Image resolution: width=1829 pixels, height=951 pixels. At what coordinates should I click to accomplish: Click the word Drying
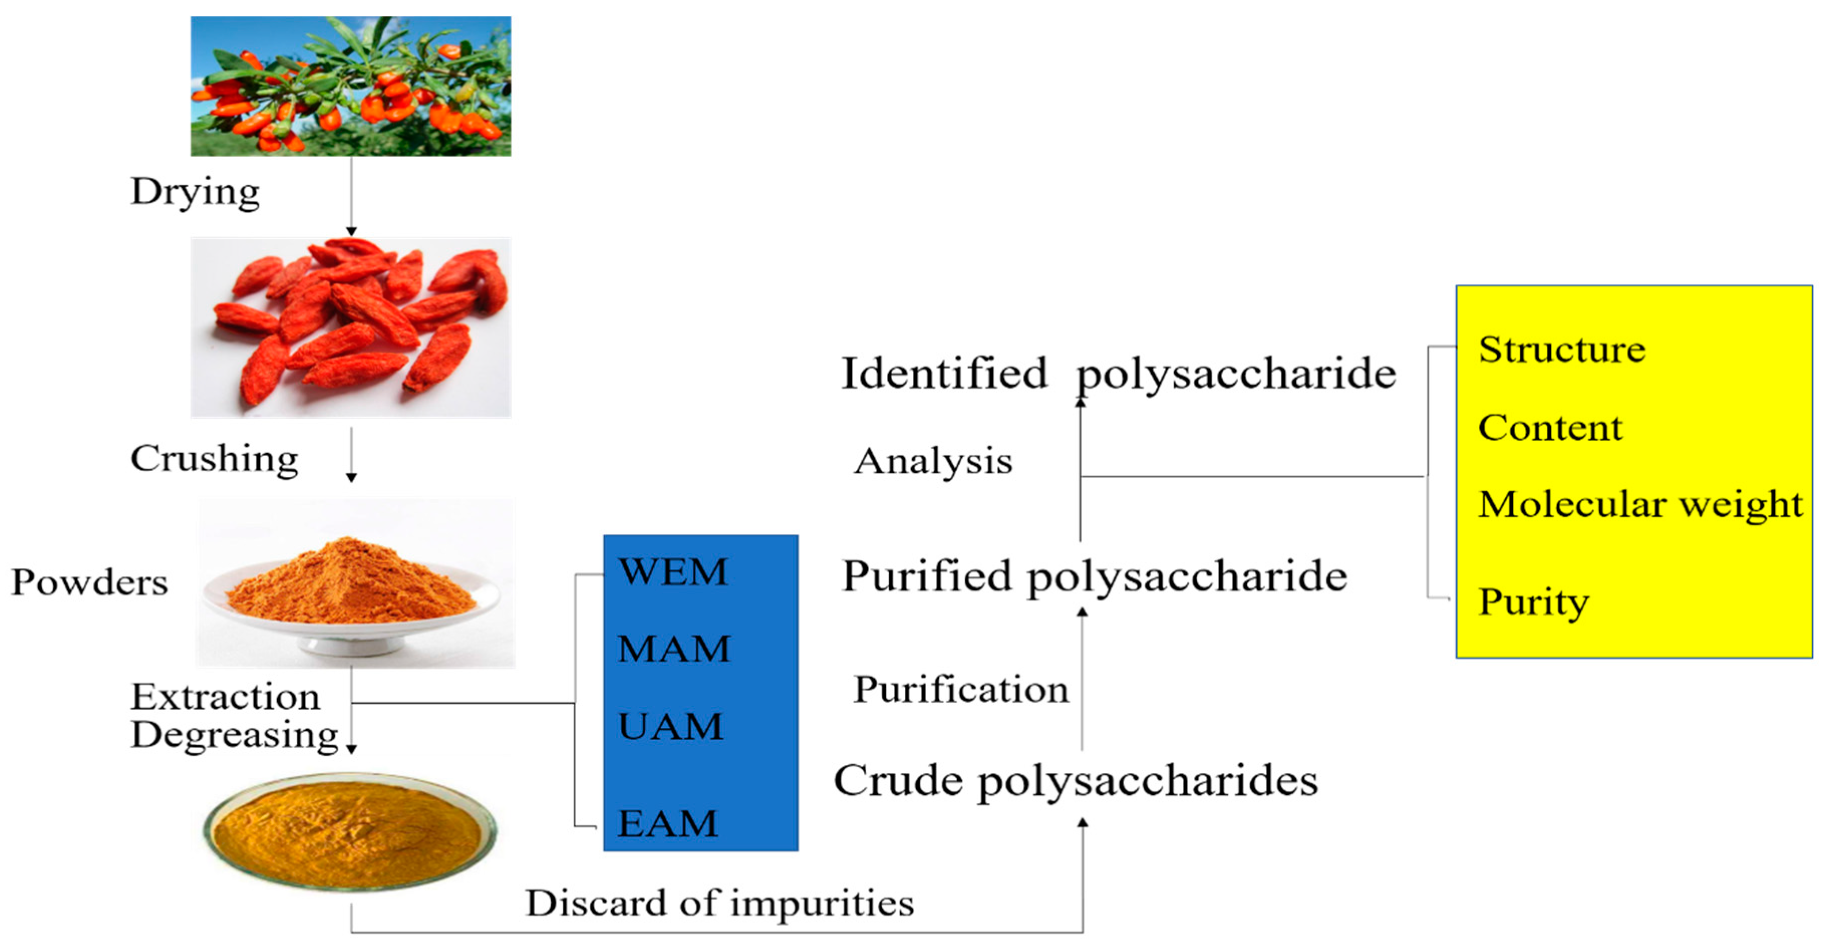tap(195, 192)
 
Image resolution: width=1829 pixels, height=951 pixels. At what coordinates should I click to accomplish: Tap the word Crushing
tap(214, 458)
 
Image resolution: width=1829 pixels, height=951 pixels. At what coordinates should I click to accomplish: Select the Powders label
tap(89, 582)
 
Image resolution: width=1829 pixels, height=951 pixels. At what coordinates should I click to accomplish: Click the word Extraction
tap(225, 697)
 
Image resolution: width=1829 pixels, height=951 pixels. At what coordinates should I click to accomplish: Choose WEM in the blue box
tap(672, 572)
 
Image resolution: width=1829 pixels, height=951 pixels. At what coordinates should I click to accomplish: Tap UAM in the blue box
tap(670, 727)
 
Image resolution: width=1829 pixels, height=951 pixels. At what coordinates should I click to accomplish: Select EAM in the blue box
tap(667, 824)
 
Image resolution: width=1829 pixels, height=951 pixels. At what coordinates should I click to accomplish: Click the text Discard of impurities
tap(719, 903)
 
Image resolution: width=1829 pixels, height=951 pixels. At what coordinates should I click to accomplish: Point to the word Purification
tap(960, 690)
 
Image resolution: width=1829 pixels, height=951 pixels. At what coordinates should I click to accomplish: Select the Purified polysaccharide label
tap(1094, 576)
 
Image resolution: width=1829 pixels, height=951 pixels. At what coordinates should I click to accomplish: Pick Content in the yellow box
tap(1550, 428)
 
